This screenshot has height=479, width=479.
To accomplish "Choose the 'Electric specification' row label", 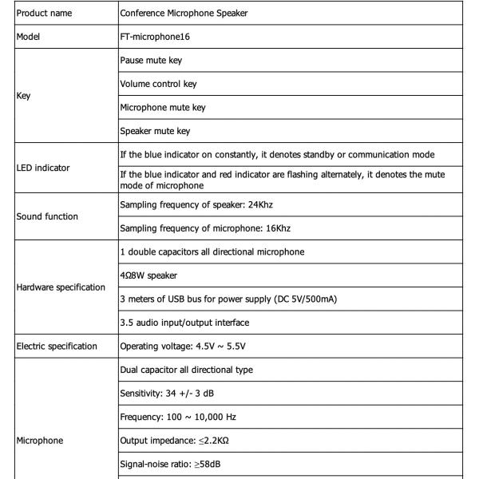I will point(58,347).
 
